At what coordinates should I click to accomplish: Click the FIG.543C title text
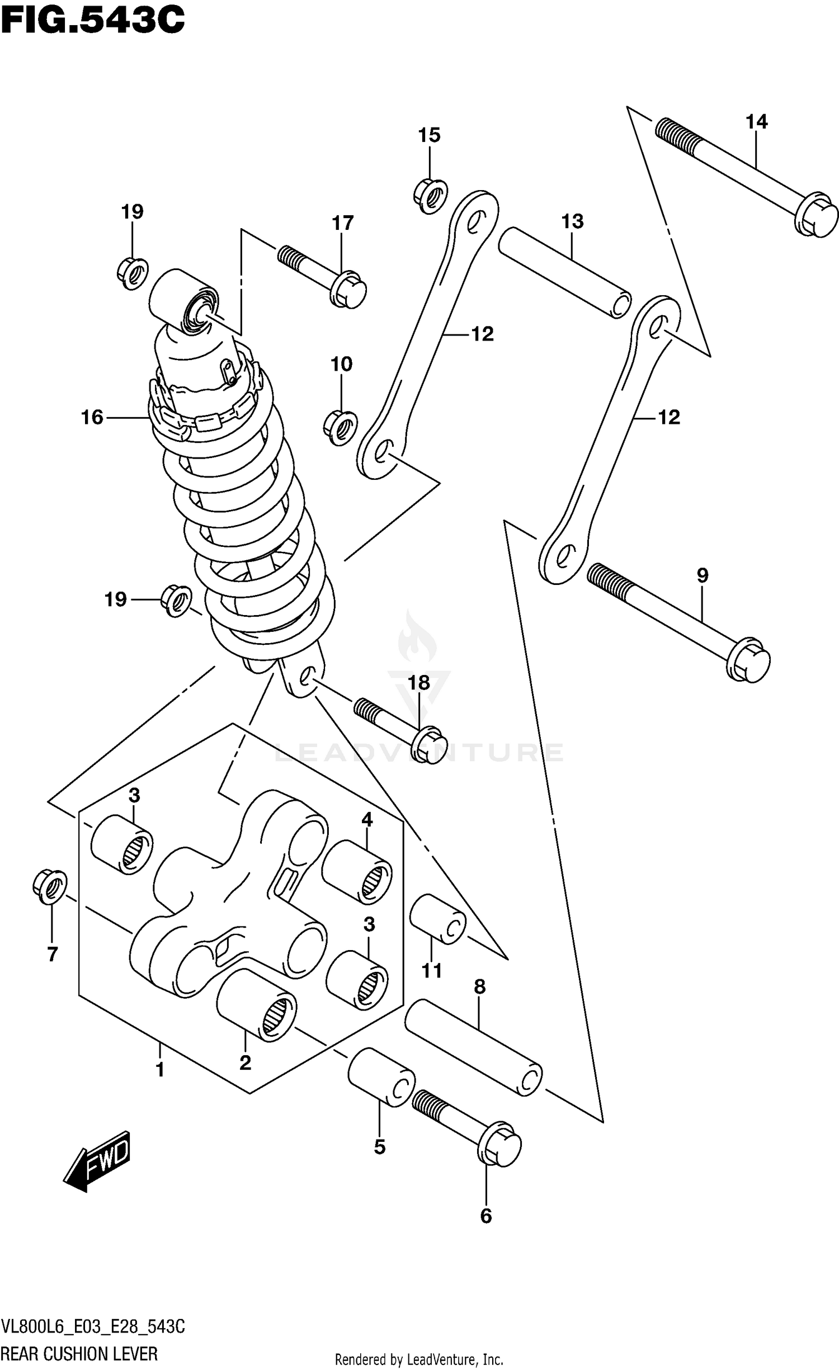92,20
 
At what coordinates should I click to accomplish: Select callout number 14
756,122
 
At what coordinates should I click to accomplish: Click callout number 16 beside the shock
92,418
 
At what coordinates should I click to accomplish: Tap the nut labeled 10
341,428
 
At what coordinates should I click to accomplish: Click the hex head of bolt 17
348,289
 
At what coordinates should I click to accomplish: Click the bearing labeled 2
257,1005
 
